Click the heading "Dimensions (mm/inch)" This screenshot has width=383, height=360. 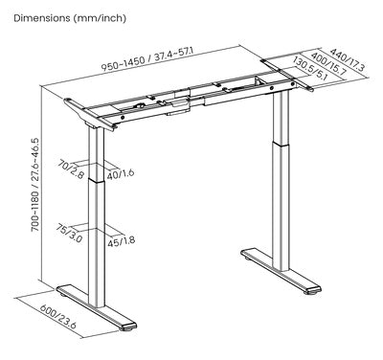[70, 18]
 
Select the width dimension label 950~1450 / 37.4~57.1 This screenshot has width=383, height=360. [148, 59]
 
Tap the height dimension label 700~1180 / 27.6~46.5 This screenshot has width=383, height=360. [34, 184]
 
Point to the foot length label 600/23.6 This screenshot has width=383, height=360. [58, 317]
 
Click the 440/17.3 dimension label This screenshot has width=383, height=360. [348, 59]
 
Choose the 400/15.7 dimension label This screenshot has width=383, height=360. [328, 64]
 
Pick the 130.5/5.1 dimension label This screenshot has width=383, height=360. [308, 67]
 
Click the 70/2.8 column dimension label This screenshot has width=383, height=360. [71, 169]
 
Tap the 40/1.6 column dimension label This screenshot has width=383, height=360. [121, 174]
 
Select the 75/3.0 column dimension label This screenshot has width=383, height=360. [69, 234]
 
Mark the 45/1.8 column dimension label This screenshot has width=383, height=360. [121, 241]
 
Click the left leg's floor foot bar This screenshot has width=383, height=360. [97, 307]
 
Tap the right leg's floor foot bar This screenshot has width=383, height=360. [281, 271]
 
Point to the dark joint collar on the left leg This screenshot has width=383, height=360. [97, 181]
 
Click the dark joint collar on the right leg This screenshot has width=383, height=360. [282, 144]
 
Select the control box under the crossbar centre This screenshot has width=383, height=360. [177, 107]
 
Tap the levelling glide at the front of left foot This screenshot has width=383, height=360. [129, 328]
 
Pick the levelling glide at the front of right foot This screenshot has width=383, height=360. [313, 292]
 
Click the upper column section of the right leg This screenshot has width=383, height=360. [282, 117]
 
